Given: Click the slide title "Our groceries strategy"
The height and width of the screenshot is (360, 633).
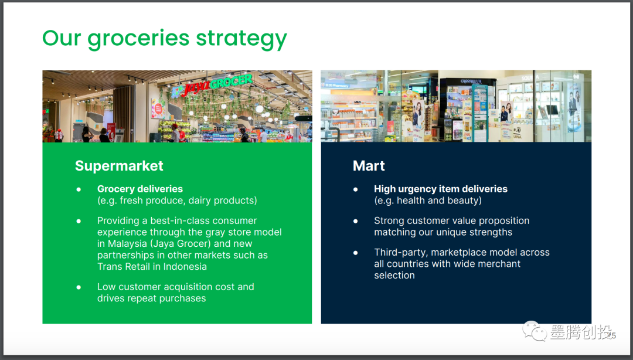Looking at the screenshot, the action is pyautogui.click(x=164, y=39).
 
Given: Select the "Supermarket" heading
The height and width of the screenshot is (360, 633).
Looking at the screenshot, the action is pyautogui.click(x=119, y=166).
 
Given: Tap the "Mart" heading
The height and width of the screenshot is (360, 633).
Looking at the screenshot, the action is pyautogui.click(x=369, y=166).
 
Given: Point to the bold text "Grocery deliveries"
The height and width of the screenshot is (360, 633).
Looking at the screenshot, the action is pyautogui.click(x=139, y=189).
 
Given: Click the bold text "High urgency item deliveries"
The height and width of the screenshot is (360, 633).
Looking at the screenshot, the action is pyautogui.click(x=440, y=189).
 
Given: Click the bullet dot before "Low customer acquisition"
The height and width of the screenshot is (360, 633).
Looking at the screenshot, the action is pyautogui.click(x=79, y=287).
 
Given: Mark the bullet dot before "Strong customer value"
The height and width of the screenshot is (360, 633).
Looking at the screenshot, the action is pyautogui.click(x=356, y=221).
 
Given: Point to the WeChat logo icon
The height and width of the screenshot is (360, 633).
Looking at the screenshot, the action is pyautogui.click(x=535, y=331).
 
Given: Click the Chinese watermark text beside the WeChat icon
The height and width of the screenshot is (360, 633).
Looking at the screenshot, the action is pyautogui.click(x=580, y=332).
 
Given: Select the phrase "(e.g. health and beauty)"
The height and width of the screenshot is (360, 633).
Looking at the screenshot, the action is pyautogui.click(x=428, y=201).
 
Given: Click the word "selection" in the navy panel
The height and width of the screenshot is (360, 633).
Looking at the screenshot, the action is pyautogui.click(x=394, y=276).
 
